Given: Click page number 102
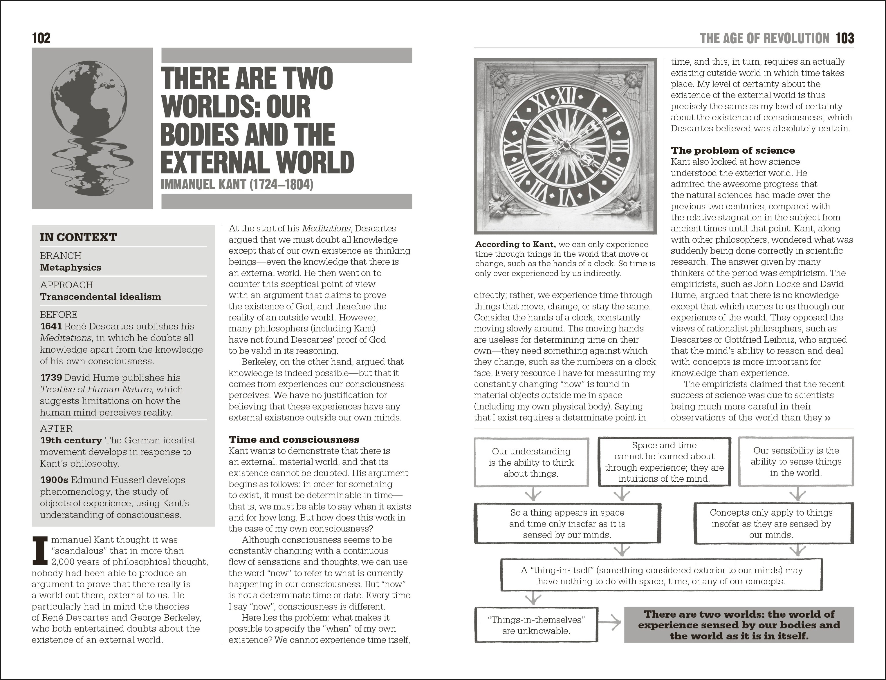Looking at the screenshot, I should (41, 39).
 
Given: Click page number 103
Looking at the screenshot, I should (845, 39).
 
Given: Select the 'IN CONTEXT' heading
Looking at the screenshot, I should (78, 237).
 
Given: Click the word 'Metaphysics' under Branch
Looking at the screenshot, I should (71, 268).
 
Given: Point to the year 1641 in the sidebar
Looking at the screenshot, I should (51, 326).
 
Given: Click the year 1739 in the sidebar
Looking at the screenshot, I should (51, 378).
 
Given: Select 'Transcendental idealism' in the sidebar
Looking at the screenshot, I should (100, 297).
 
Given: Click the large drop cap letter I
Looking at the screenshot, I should (40, 550).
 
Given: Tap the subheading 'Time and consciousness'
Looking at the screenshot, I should (294, 440).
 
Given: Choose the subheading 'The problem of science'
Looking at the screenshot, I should (732, 150).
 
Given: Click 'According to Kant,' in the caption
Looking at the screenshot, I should (515, 244).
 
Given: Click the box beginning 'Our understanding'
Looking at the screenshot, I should (531, 462).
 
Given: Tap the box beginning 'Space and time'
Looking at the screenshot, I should (664, 462).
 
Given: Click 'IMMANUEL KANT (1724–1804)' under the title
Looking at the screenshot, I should (237, 184).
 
